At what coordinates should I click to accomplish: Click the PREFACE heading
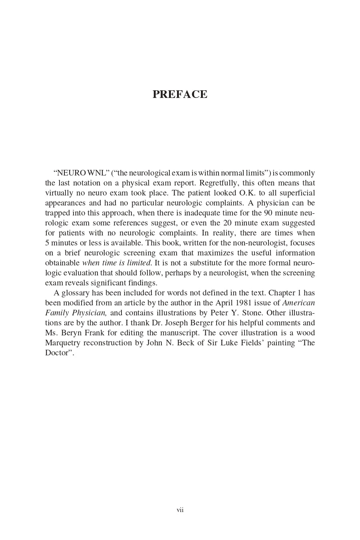(x=180, y=94)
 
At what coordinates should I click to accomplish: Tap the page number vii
(x=180, y=510)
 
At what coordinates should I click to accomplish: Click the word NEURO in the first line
(x=72, y=173)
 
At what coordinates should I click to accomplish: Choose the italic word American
(x=298, y=303)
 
